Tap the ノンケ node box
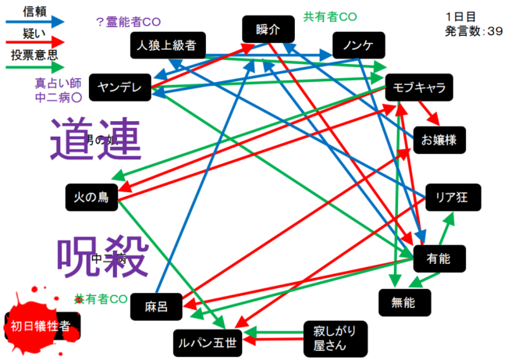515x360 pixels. [357, 45]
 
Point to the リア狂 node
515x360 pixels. [452, 196]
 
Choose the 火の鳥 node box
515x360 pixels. [91, 197]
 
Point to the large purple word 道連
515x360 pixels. [96, 141]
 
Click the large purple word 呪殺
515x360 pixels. [102, 255]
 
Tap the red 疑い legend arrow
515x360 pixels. [36, 42]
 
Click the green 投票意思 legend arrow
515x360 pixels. [36, 66]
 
